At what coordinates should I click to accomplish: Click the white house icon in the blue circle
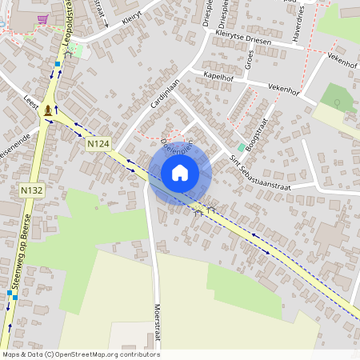tap(180, 172)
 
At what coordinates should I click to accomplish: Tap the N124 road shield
tap(98, 143)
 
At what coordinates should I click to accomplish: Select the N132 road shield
tap(31, 190)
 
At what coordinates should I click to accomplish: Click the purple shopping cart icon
tap(42, 19)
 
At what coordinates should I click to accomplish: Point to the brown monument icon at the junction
tap(50, 110)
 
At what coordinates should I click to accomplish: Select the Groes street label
tap(250, 59)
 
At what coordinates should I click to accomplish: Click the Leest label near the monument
tap(32, 103)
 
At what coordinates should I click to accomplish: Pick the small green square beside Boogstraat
tap(241, 148)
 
